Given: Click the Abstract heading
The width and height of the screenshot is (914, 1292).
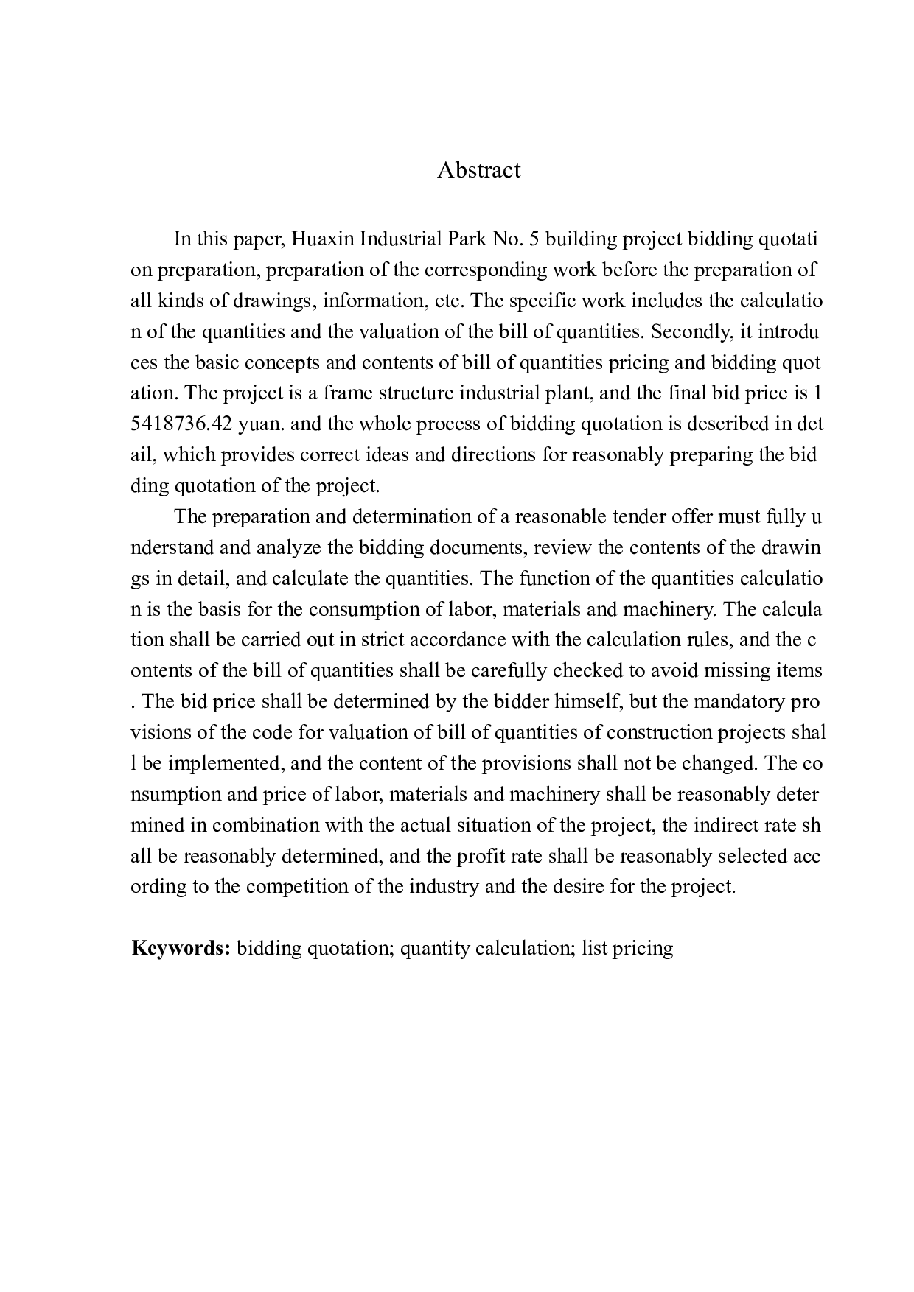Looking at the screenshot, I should click(x=478, y=170).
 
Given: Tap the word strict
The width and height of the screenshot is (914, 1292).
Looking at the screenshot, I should click(x=383, y=639).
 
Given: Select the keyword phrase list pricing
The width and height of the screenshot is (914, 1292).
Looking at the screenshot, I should click(x=627, y=948).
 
